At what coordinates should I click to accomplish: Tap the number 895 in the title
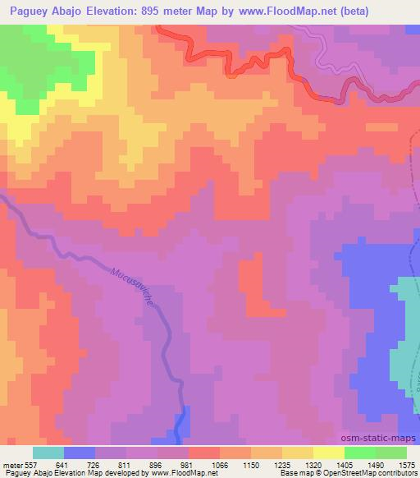pos(176,11)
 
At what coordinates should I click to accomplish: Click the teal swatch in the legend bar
pos(48,453)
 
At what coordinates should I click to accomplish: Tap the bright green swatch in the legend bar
pos(359,453)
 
